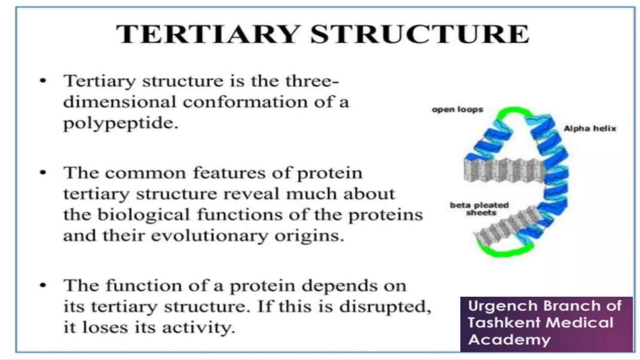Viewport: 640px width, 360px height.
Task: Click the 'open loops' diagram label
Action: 457,110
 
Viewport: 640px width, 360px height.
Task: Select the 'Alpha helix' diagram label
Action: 590,128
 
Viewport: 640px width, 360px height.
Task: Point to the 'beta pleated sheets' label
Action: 479,209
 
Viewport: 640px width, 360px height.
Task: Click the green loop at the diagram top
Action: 512,112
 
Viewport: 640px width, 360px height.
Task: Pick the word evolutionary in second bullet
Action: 209,236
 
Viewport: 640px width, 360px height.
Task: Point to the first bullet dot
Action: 43,81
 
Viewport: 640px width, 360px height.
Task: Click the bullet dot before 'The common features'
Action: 43,172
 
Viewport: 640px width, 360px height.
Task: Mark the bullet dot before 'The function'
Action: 43,285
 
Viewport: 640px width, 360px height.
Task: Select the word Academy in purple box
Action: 509,340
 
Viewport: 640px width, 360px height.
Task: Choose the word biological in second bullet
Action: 144,215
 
